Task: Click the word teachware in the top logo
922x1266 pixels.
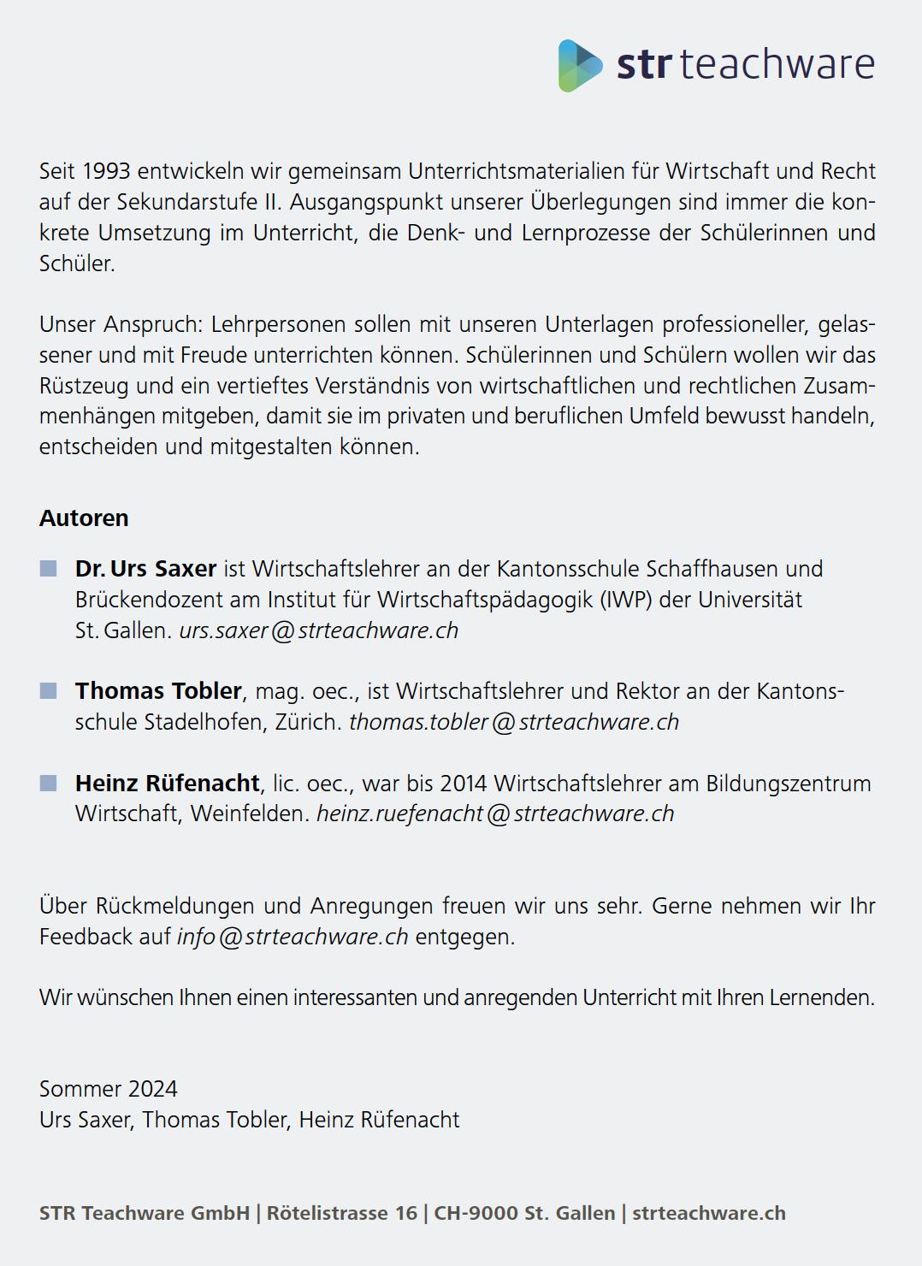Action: click(x=777, y=65)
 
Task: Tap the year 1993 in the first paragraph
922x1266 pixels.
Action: click(x=106, y=171)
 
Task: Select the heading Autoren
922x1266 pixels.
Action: click(x=84, y=518)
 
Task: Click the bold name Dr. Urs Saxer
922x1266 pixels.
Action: click(x=145, y=569)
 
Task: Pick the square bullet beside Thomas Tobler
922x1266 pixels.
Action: click(x=49, y=690)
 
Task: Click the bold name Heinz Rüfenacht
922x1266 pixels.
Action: click(x=167, y=783)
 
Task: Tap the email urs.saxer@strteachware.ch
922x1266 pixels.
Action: click(x=318, y=630)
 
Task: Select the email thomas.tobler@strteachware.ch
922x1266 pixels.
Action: click(x=513, y=722)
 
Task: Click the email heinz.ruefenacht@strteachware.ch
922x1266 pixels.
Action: click(x=494, y=813)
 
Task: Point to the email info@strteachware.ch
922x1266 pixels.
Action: click(x=293, y=937)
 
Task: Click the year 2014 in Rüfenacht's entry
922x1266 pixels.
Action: click(x=464, y=784)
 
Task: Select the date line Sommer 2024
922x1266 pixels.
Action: click(x=109, y=1089)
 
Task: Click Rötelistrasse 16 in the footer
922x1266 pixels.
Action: click(x=342, y=1213)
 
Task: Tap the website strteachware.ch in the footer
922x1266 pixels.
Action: click(x=708, y=1213)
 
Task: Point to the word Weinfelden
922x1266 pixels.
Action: click(x=250, y=813)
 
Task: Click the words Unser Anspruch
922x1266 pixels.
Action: click(x=119, y=325)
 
